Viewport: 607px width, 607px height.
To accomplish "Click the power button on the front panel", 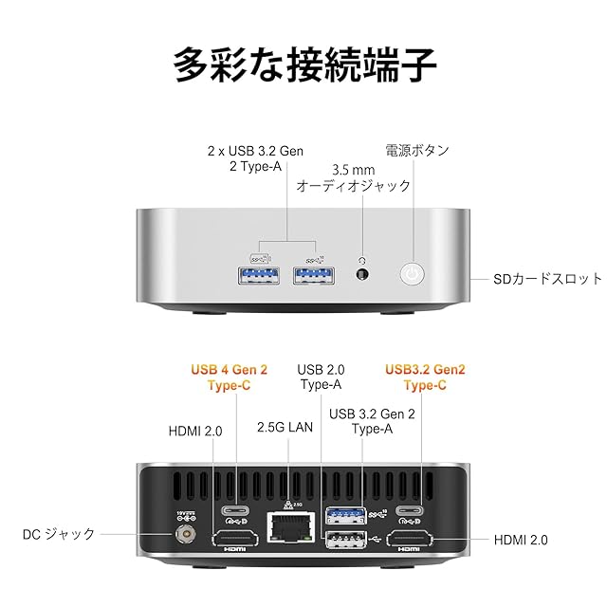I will tap(410, 275).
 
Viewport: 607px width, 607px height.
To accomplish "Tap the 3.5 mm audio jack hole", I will tap(361, 276).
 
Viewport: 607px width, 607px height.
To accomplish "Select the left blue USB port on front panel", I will tap(259, 276).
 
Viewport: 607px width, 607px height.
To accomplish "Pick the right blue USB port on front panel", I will tap(314, 276).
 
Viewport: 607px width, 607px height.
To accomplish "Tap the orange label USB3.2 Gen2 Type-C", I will tap(424, 377).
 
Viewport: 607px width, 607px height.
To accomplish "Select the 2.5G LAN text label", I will tap(285, 428).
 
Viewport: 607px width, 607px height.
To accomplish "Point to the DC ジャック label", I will tap(59, 535).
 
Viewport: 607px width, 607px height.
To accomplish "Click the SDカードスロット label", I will tap(547, 279).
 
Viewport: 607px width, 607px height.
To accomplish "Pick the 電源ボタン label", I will tap(417, 150).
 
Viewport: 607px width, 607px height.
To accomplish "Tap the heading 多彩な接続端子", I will tap(303, 64).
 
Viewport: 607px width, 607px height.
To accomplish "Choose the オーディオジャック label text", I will tap(353, 187).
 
